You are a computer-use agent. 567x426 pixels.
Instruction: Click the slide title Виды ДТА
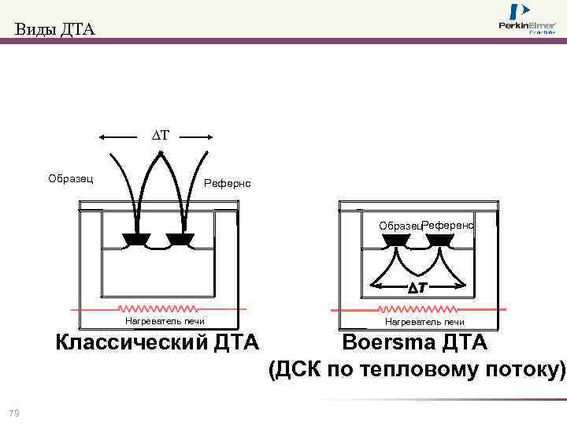click(x=54, y=31)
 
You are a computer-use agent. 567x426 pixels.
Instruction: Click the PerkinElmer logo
click(x=527, y=20)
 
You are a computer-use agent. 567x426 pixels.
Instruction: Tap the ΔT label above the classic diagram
click(x=161, y=136)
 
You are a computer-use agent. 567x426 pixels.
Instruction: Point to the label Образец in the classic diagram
click(x=71, y=178)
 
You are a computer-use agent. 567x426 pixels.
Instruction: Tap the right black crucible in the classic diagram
click(x=180, y=239)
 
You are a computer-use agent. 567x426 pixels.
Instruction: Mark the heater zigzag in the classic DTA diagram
click(x=157, y=308)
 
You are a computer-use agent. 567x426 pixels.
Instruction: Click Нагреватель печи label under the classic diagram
click(x=165, y=320)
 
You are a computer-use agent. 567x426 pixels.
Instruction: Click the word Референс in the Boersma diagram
click(x=447, y=225)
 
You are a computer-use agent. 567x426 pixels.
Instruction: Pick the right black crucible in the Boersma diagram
click(x=438, y=240)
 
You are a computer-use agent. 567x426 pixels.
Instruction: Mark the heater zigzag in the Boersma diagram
click(x=417, y=308)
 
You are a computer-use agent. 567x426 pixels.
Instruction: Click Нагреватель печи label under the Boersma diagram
click(x=424, y=321)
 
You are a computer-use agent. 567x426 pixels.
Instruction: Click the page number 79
click(x=13, y=413)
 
